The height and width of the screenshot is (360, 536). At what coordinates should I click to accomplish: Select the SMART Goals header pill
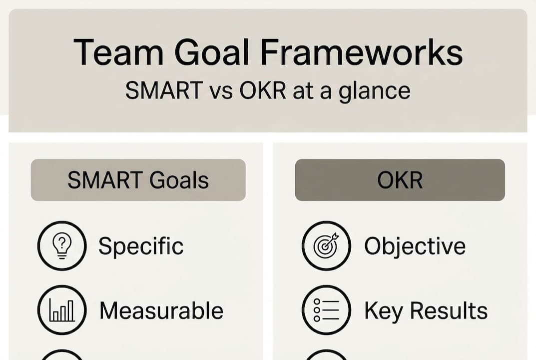138,180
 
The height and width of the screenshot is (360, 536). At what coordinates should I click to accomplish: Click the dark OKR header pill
400,180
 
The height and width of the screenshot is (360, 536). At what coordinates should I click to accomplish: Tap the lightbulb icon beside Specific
62,245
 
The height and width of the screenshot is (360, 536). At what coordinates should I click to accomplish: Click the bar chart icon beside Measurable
62,310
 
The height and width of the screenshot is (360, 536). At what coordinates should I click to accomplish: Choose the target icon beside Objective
326,245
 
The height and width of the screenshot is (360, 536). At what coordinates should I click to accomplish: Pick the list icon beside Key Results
326,310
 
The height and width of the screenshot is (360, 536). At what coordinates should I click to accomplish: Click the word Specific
141,246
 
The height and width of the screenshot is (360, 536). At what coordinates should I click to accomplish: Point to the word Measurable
161,310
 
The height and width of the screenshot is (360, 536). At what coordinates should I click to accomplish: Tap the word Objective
415,246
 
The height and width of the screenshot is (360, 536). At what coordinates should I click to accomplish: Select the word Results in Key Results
448,310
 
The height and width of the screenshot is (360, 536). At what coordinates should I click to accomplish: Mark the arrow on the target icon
333,238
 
